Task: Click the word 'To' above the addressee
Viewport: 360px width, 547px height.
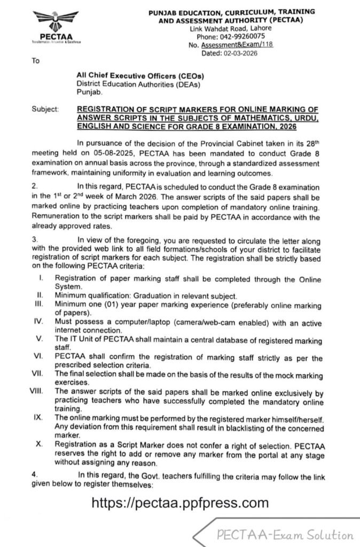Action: (36, 61)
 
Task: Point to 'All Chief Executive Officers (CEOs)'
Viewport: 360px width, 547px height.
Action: (140, 77)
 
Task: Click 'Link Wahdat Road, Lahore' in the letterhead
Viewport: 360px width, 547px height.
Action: (227, 28)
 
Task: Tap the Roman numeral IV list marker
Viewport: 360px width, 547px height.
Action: (38, 322)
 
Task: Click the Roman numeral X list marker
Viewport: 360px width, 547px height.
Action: (39, 443)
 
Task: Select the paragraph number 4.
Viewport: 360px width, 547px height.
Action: (33, 473)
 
